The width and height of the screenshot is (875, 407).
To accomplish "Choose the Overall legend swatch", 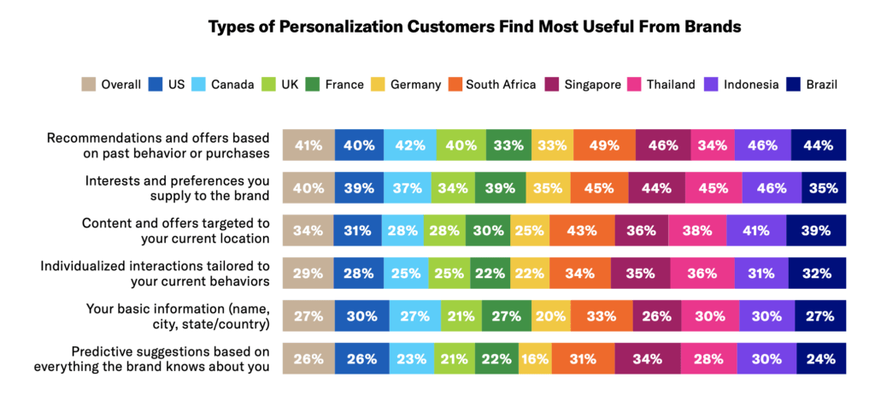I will click(89, 84).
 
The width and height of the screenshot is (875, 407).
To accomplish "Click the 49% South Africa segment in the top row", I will click(604, 145).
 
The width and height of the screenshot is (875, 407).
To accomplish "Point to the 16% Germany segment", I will click(534, 359).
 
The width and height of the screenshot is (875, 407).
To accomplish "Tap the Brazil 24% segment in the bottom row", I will click(819, 359).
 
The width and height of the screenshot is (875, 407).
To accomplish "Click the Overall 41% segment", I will click(308, 145).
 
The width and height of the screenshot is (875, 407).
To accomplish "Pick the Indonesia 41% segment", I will click(755, 231).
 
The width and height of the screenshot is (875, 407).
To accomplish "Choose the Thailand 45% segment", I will click(713, 188).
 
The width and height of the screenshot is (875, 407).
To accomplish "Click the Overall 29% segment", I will click(308, 274).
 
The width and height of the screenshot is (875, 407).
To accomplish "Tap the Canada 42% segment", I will click(409, 145).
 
